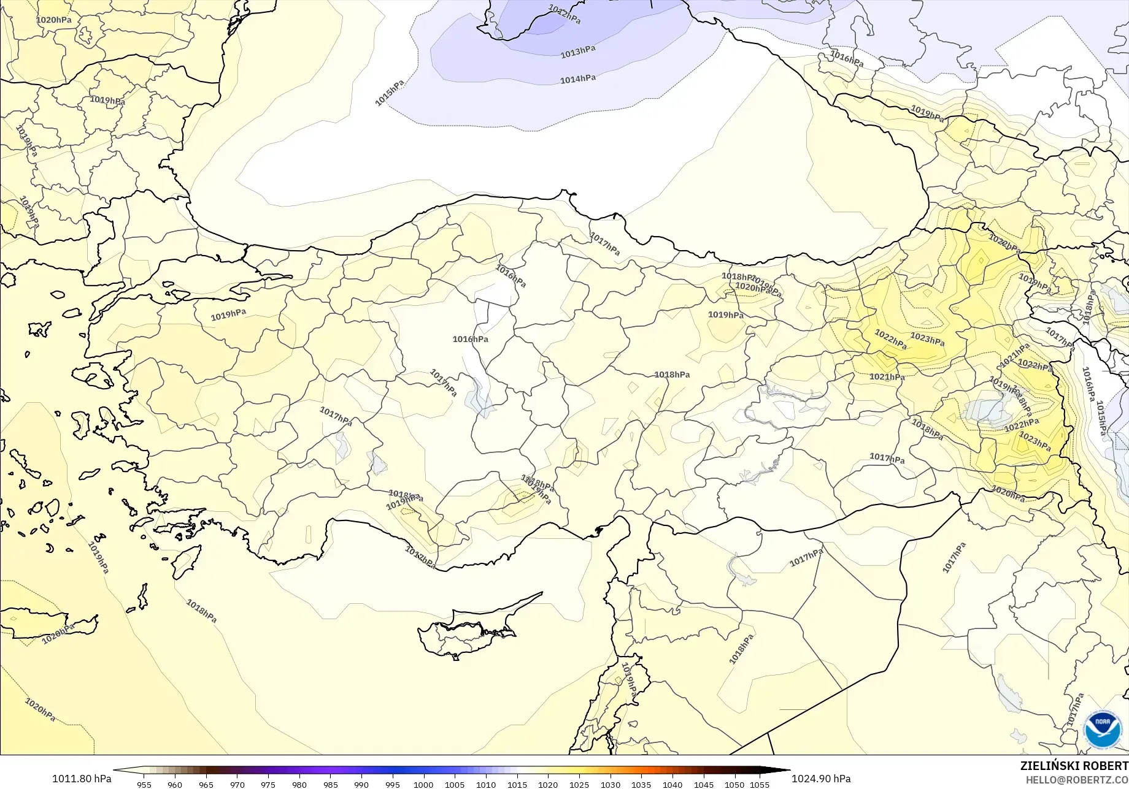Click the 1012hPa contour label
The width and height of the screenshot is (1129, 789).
click(564, 14)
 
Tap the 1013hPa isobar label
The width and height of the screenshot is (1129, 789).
click(577, 52)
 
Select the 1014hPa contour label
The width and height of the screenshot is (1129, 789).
click(577, 79)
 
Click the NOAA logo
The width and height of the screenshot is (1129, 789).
click(1102, 730)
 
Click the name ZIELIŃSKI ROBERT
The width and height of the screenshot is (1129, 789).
click(1074, 766)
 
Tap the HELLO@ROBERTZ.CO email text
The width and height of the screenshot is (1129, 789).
click(1077, 779)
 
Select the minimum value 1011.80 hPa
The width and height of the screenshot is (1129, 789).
click(82, 779)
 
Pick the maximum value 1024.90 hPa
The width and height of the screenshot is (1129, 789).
click(821, 779)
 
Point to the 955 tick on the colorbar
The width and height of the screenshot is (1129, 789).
click(144, 784)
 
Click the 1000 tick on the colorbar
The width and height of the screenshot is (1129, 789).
click(423, 784)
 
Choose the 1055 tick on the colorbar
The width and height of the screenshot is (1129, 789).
click(760, 784)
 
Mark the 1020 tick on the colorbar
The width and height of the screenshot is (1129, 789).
click(548, 784)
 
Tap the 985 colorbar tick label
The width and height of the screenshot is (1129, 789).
click(330, 784)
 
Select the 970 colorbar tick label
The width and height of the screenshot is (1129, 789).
click(237, 784)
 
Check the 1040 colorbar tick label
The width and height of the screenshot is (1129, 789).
click(672, 784)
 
